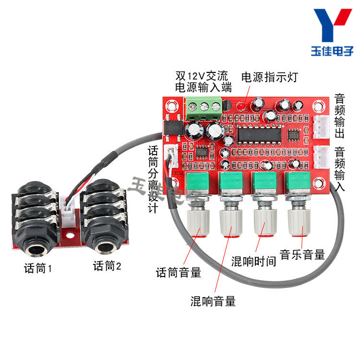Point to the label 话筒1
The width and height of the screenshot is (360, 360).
coord(38,267)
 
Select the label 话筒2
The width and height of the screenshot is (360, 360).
coord(108,266)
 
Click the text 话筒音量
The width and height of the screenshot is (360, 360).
coord(179,273)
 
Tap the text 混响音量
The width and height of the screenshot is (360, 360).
coord(213,301)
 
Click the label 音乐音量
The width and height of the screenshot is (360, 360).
coord(302,254)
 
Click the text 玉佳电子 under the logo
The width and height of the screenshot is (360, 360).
coord(332,51)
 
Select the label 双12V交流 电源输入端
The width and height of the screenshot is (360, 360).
coord(203,82)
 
